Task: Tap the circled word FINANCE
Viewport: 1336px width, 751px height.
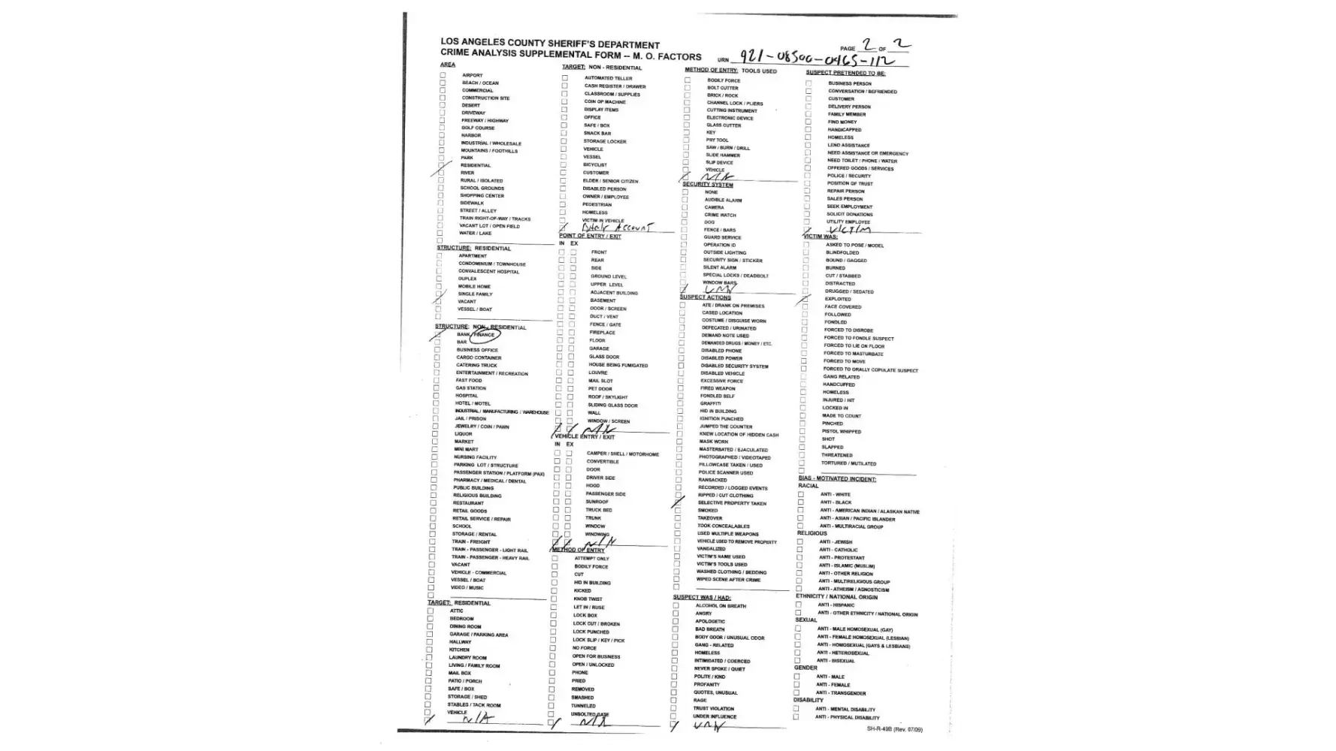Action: click(x=485, y=335)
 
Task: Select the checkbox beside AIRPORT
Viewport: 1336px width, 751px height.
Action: click(x=443, y=75)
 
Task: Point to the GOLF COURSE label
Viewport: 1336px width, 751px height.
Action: click(x=478, y=128)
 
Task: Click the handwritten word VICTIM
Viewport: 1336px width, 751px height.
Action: click(x=845, y=230)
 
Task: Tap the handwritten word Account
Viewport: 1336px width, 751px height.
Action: click(x=634, y=227)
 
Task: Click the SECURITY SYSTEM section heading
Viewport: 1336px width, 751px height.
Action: click(x=707, y=184)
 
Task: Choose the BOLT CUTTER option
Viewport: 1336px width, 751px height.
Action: click(x=722, y=88)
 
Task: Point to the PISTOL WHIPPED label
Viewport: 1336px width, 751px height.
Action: click(x=841, y=432)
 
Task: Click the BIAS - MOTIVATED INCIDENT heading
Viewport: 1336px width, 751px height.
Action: click(x=837, y=478)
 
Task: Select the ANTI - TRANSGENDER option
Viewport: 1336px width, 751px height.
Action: click(x=841, y=693)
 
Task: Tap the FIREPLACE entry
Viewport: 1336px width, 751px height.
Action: click(x=602, y=333)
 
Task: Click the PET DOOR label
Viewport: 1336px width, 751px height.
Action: click(x=600, y=389)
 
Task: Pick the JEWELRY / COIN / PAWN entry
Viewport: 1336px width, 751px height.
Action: click(x=481, y=427)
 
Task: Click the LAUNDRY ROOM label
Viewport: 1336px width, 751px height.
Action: click(x=467, y=658)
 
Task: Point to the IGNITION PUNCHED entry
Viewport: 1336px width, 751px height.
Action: click(x=721, y=419)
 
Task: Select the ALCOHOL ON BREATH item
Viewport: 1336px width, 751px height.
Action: click(x=721, y=606)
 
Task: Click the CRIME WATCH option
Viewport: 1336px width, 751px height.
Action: click(x=720, y=215)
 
